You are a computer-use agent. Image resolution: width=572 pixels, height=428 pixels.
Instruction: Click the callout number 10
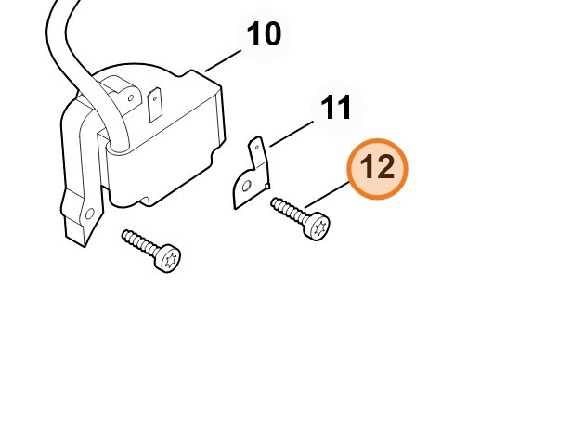click(x=264, y=34)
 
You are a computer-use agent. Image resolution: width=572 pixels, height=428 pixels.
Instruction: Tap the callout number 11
click(x=335, y=108)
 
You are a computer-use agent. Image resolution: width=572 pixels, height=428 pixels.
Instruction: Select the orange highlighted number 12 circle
click(x=377, y=169)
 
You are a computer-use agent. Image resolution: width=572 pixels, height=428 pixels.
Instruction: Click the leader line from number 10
click(x=223, y=61)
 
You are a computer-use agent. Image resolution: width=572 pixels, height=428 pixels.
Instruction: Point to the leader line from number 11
click(x=292, y=134)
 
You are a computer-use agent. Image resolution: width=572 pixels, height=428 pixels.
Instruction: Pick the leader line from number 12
click(x=327, y=195)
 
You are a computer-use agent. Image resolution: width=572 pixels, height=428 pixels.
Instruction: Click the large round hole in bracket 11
click(x=246, y=187)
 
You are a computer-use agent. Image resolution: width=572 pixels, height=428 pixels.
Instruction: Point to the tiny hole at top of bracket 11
click(x=257, y=148)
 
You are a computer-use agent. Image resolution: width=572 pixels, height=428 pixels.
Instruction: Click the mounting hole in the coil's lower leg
click(x=89, y=214)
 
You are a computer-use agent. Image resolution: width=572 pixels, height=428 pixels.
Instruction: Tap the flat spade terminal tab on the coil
click(x=155, y=104)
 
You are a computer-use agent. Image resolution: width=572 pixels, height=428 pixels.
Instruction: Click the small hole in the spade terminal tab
click(x=155, y=98)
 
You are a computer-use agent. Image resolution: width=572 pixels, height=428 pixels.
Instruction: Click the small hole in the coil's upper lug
click(x=131, y=97)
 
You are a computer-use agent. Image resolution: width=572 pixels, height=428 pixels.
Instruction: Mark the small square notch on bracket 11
click(x=266, y=187)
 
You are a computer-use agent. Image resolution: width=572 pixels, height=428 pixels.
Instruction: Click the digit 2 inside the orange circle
click(x=385, y=166)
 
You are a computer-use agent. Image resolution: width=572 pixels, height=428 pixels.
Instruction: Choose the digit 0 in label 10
click(x=272, y=34)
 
